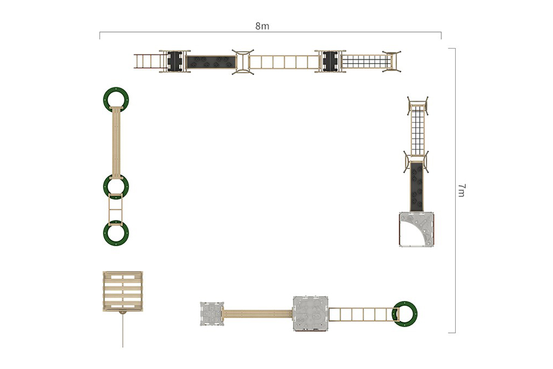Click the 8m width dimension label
(262, 26)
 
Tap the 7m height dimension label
(461, 191)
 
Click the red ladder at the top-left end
(147, 61)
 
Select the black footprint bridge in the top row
(211, 61)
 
